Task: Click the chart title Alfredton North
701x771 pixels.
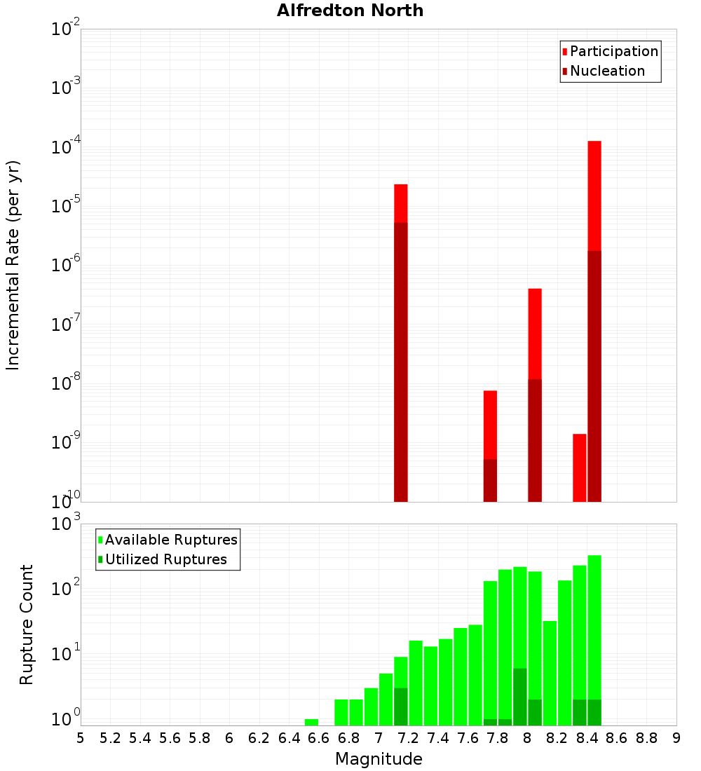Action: click(x=350, y=11)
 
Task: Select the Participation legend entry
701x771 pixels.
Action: click(x=613, y=51)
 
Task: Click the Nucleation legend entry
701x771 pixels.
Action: click(x=606, y=71)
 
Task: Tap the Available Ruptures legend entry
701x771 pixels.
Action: click(x=170, y=540)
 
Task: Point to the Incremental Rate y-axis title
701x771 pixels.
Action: click(x=13, y=265)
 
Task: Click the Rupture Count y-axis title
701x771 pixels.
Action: click(x=27, y=624)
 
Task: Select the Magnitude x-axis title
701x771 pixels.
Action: click(x=379, y=759)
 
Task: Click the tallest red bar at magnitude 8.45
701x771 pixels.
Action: click(x=594, y=196)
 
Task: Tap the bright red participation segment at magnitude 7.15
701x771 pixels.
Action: click(x=401, y=203)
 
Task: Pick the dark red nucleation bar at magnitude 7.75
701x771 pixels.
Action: click(x=490, y=480)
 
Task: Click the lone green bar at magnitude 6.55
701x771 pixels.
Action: click(x=311, y=722)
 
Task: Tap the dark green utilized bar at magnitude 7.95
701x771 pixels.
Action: click(x=520, y=697)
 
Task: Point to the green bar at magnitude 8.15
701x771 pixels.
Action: click(x=550, y=673)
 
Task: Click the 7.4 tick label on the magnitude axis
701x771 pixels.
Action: click(x=438, y=738)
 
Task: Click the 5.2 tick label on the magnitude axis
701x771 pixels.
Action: click(x=110, y=738)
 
